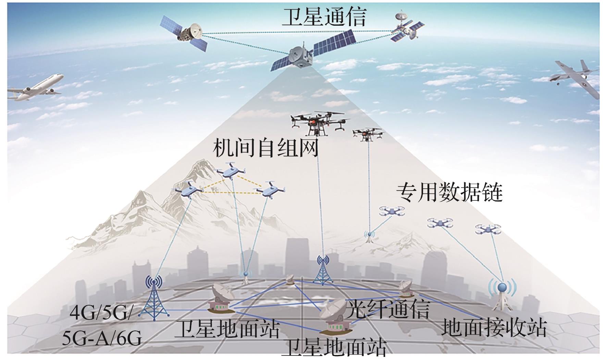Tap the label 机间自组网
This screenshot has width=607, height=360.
(265, 148)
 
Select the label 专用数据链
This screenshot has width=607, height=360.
(449, 193)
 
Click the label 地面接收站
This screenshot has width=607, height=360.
(493, 327)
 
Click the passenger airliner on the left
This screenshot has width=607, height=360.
(34, 88)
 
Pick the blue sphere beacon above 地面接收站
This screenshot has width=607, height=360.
(502, 287)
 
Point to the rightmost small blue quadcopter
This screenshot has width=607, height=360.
(488, 229)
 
